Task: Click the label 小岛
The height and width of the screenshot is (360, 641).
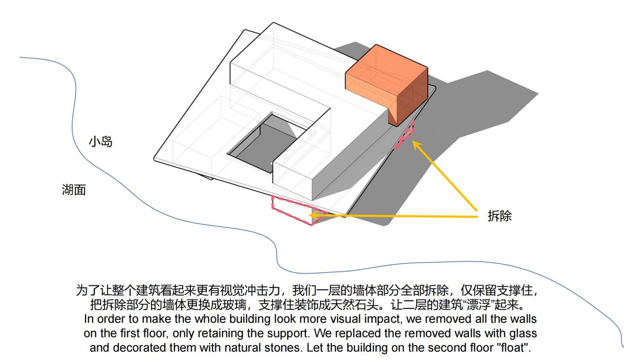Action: [x=100, y=141]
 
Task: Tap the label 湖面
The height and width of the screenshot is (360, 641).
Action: [x=74, y=190]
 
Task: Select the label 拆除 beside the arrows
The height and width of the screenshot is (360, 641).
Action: [x=500, y=216]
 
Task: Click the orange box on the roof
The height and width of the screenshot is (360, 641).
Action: [x=386, y=83]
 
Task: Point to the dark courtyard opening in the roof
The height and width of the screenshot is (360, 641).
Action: [x=263, y=146]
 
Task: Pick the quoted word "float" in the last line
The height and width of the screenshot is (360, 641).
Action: [x=514, y=348]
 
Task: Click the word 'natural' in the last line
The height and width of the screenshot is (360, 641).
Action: [x=243, y=348]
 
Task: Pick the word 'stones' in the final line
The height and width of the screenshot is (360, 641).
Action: [x=283, y=348]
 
